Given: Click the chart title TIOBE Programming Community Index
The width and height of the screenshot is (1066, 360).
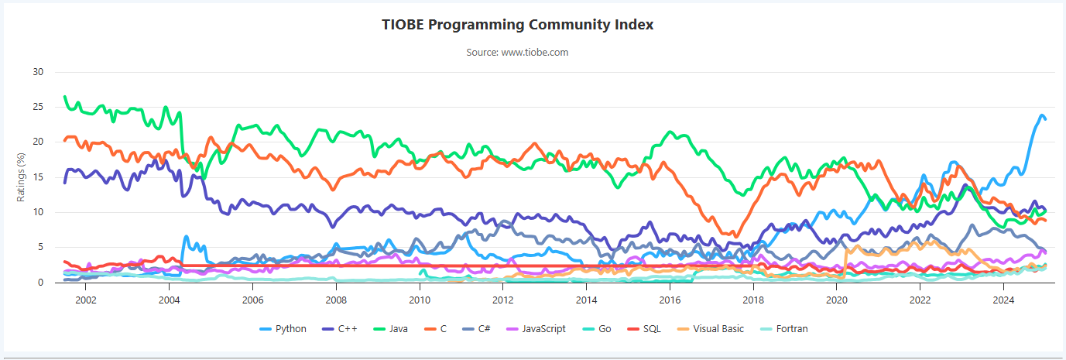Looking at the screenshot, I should click(517, 25).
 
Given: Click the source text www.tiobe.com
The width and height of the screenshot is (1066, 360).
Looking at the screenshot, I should click(517, 53).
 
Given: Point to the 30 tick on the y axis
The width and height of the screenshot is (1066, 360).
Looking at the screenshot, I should click(38, 72).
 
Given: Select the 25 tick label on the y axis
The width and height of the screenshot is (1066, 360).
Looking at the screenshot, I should click(38, 107).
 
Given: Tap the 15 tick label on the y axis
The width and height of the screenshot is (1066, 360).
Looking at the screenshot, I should click(38, 177).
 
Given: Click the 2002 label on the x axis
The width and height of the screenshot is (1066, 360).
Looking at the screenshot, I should click(85, 298).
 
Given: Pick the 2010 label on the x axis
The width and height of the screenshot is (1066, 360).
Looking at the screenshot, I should click(419, 298).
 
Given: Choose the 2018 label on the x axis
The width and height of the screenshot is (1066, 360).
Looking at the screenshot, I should click(753, 298).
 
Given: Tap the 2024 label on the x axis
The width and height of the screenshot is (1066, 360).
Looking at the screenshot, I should click(1003, 298).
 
